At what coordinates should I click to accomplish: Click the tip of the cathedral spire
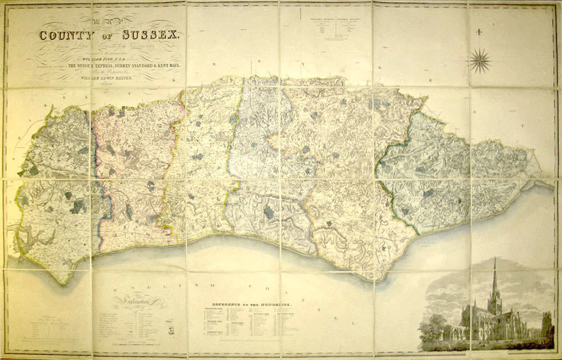(x=495, y=260)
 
